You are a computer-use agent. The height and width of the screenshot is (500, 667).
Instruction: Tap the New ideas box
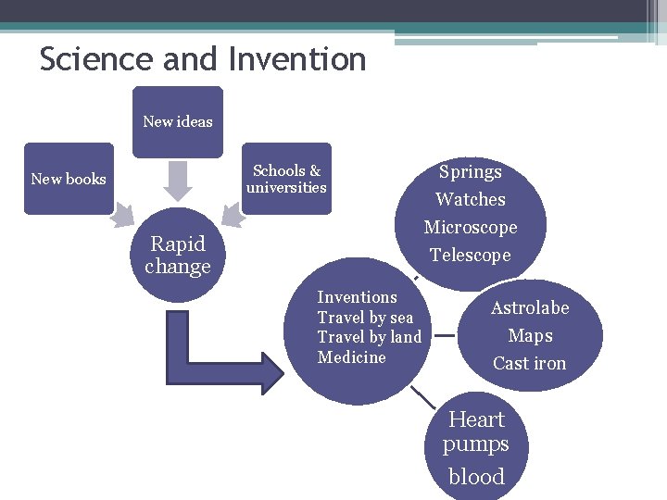tap(177, 121)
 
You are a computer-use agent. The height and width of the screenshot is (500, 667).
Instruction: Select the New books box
tap(69, 179)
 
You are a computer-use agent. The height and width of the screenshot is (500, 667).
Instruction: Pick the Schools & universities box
tap(286, 179)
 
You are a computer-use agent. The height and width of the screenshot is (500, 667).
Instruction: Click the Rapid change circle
tap(177, 256)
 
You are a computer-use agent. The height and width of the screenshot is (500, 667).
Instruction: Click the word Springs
tap(470, 172)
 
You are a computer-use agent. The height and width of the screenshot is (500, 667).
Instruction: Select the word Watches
tap(470, 200)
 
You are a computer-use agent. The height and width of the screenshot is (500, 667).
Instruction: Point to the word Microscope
tap(470, 228)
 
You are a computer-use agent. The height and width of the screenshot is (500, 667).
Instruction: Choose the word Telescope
tap(470, 256)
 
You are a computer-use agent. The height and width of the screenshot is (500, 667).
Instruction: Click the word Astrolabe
tap(530, 308)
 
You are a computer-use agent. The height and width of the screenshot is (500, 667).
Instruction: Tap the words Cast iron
tap(529, 364)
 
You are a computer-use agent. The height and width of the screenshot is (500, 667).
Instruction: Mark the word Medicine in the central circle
tap(351, 357)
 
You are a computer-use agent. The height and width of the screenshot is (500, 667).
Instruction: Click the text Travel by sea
tap(365, 318)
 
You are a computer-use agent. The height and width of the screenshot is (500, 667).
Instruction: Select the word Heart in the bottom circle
tap(476, 419)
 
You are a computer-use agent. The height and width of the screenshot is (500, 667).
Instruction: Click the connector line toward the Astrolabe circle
tap(446, 337)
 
